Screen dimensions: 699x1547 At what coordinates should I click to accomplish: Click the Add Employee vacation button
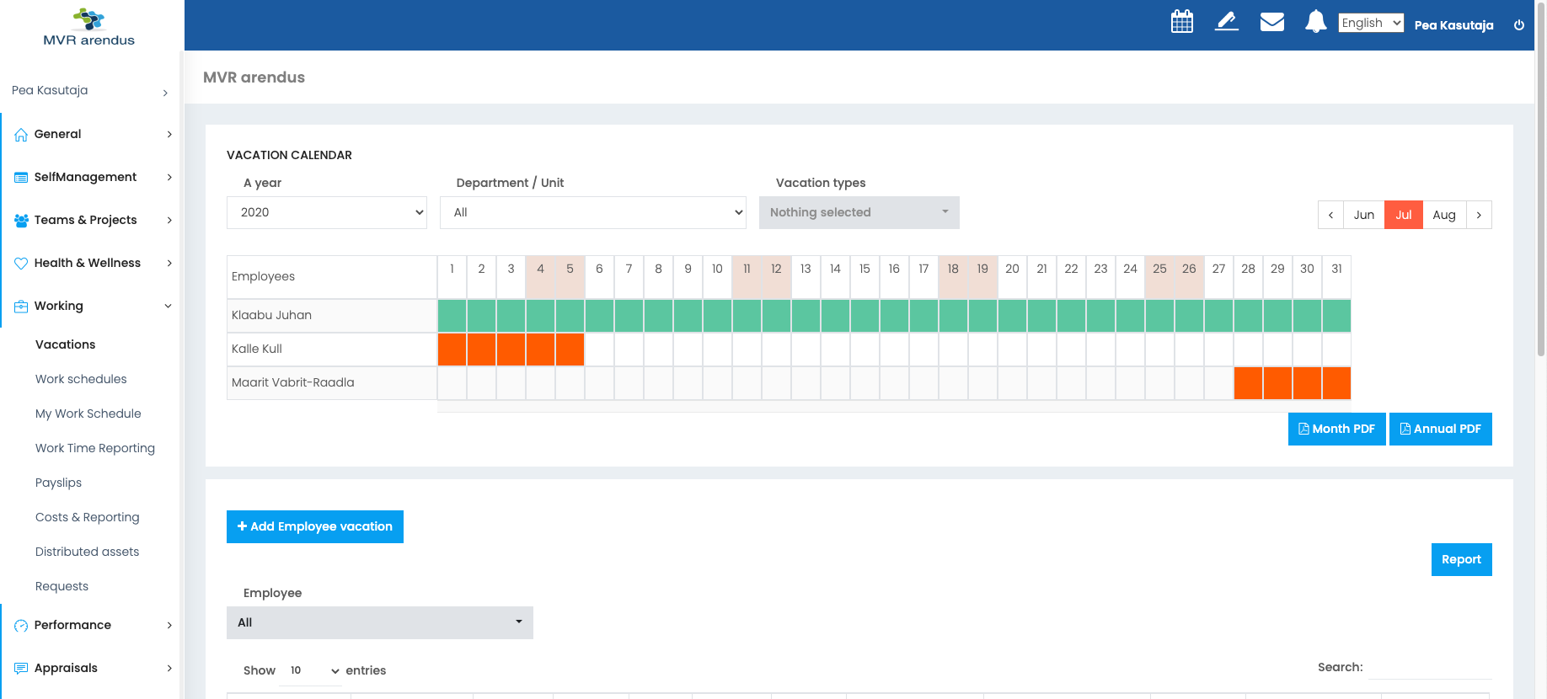point(314,526)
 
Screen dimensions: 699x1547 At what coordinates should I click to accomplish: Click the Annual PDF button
point(1440,429)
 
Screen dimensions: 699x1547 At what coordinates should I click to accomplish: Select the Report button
point(1461,559)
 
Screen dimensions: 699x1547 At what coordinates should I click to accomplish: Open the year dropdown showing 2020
point(327,212)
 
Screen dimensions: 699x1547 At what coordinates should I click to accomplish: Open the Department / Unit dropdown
point(593,212)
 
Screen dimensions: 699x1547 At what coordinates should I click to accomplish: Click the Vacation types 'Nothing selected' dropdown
point(859,212)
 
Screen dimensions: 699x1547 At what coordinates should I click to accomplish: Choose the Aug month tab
point(1444,215)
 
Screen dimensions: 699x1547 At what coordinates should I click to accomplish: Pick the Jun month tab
point(1363,215)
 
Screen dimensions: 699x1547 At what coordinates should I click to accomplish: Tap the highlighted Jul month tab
point(1404,215)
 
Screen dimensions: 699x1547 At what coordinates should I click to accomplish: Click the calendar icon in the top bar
point(1182,22)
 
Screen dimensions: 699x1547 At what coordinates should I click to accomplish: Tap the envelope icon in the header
point(1271,22)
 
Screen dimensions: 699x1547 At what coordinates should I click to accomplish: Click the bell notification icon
point(1315,22)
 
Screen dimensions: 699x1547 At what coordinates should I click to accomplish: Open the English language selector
point(1371,23)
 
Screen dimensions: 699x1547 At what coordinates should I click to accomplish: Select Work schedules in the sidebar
point(81,379)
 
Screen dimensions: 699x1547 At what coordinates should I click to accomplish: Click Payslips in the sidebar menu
point(58,483)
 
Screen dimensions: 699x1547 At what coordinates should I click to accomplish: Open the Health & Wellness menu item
point(88,263)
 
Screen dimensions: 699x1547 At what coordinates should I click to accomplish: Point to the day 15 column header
point(864,269)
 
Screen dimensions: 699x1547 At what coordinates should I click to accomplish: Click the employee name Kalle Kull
point(257,349)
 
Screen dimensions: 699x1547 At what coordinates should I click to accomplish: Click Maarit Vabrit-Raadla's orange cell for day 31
point(1336,383)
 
